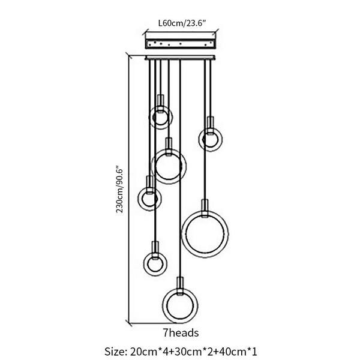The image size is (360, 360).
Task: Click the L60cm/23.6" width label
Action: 182,23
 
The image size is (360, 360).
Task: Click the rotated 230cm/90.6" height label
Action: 119,190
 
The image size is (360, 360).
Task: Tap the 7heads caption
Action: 181,333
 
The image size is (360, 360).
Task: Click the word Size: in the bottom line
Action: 115,352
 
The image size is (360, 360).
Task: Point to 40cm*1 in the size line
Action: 233,352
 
